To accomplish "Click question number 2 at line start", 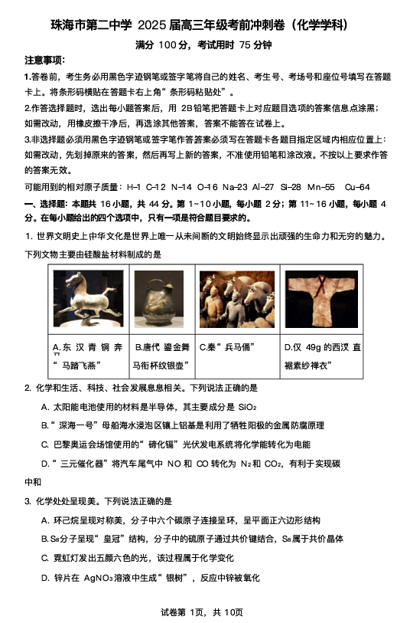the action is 28,389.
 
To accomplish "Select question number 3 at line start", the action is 28,501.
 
